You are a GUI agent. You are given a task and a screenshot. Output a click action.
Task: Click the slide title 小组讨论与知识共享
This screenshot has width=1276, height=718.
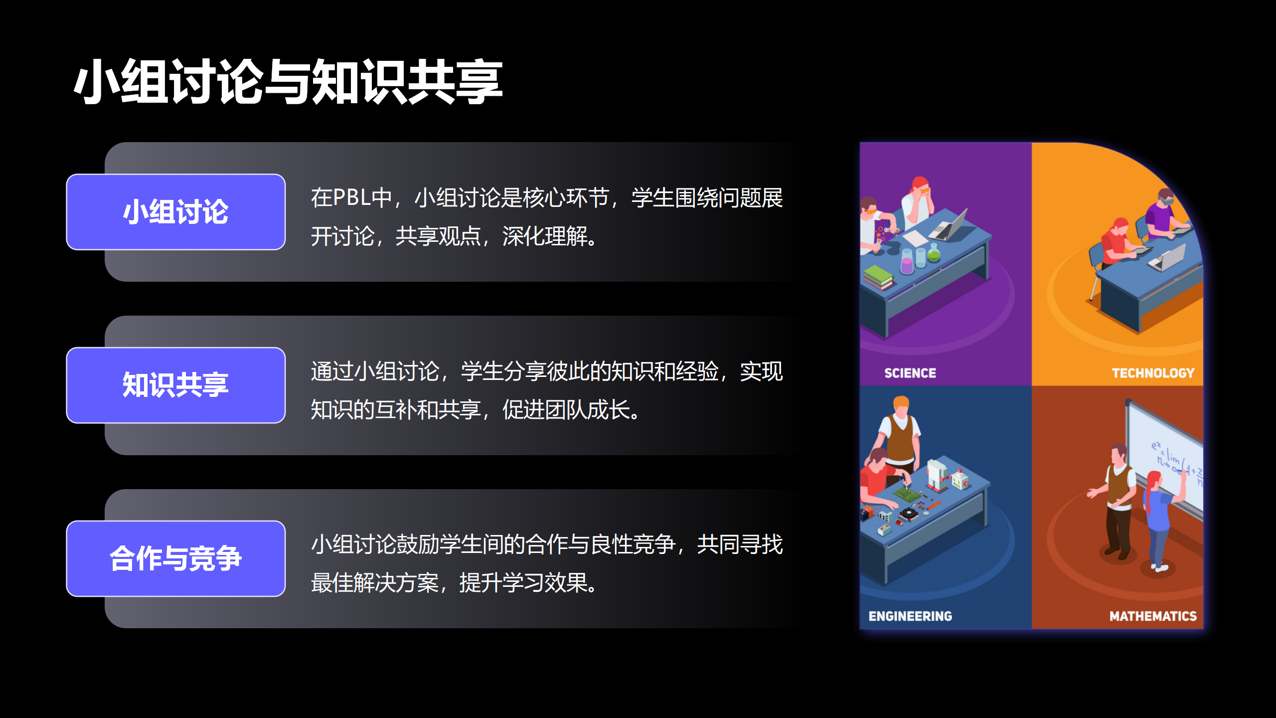pyautogui.click(x=288, y=81)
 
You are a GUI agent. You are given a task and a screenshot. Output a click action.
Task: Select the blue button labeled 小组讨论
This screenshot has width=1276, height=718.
pyautogui.click(x=176, y=212)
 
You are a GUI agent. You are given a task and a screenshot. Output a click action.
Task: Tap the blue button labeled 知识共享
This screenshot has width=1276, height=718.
pyautogui.click(x=176, y=385)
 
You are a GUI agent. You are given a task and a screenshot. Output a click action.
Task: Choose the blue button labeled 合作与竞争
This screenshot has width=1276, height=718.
pyautogui.click(x=176, y=558)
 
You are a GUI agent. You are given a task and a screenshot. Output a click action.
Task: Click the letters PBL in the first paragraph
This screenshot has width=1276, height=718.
pyautogui.click(x=352, y=197)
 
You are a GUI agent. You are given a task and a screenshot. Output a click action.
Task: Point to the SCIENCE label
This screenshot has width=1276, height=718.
pyautogui.click(x=910, y=373)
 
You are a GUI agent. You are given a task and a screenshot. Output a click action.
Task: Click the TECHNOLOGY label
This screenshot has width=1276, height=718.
pyautogui.click(x=1153, y=373)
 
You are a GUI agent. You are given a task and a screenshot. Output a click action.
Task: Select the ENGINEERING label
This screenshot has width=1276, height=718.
pyautogui.click(x=910, y=616)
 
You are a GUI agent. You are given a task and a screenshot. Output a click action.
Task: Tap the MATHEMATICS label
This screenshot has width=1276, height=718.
pyautogui.click(x=1153, y=616)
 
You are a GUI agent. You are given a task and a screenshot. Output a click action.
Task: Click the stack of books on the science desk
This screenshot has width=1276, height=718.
pyautogui.click(x=878, y=277)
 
